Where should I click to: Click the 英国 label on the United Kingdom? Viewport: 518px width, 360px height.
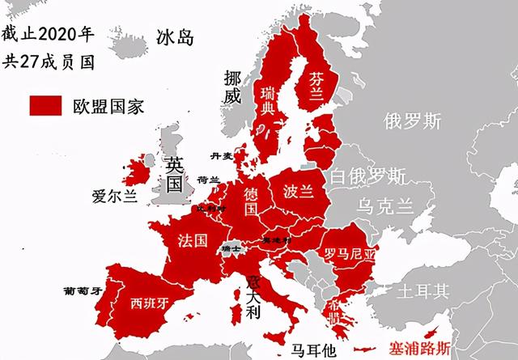(x=173, y=173)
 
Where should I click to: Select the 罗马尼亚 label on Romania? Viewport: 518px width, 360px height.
(x=350, y=254)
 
